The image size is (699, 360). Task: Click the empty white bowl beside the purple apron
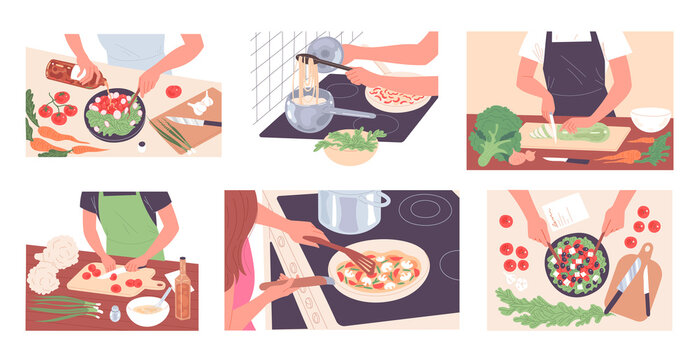[x=650, y=120]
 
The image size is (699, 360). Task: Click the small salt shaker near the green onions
[x=115, y=314]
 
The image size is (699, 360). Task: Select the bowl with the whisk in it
[x=147, y=309]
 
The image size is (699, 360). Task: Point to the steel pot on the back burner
[x=353, y=210]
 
